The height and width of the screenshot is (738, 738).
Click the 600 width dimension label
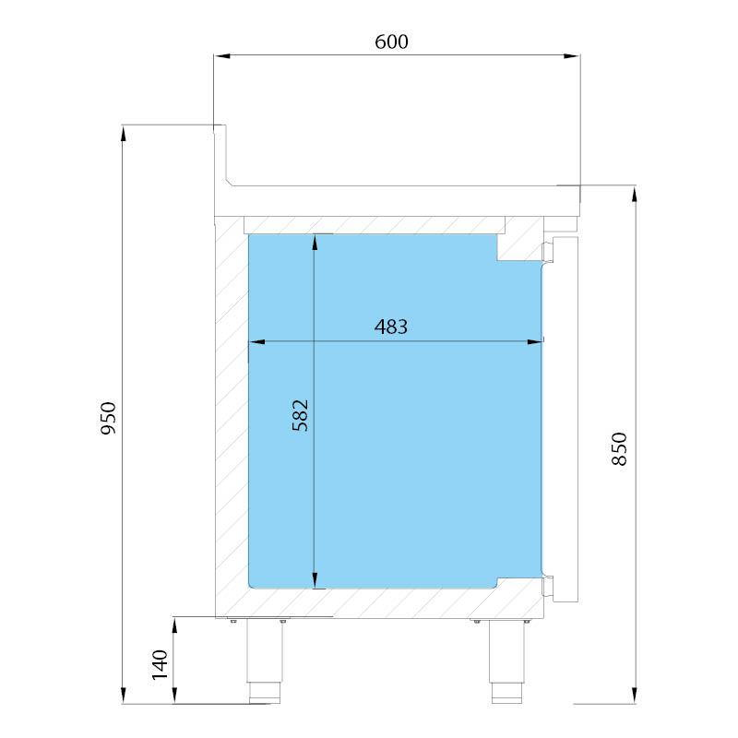pos(391,42)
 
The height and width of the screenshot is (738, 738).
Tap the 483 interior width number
pos(391,327)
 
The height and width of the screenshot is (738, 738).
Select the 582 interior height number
pos(301,415)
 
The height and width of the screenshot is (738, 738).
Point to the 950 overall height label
pos(108,418)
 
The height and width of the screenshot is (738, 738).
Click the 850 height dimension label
pos(619,449)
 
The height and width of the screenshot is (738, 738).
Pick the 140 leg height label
pos(160,664)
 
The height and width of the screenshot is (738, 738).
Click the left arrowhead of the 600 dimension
pos(222,56)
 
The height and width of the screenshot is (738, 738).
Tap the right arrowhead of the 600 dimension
pos(571,56)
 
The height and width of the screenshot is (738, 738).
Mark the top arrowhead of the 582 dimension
pos(315,243)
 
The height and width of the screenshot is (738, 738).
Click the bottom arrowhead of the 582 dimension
pos(315,580)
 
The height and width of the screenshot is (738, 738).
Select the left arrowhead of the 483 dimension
pos(257,341)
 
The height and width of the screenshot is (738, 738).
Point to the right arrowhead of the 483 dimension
pos(535,341)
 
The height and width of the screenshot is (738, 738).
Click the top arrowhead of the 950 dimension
pos(124,134)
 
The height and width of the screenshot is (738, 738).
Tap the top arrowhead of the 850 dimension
pos(635,195)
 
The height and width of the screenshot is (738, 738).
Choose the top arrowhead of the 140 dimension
pos(174,626)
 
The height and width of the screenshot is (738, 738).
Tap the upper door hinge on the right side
pos(549,251)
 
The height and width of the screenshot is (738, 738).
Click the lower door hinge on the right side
pos(549,586)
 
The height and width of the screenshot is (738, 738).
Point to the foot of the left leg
pos(265,693)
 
